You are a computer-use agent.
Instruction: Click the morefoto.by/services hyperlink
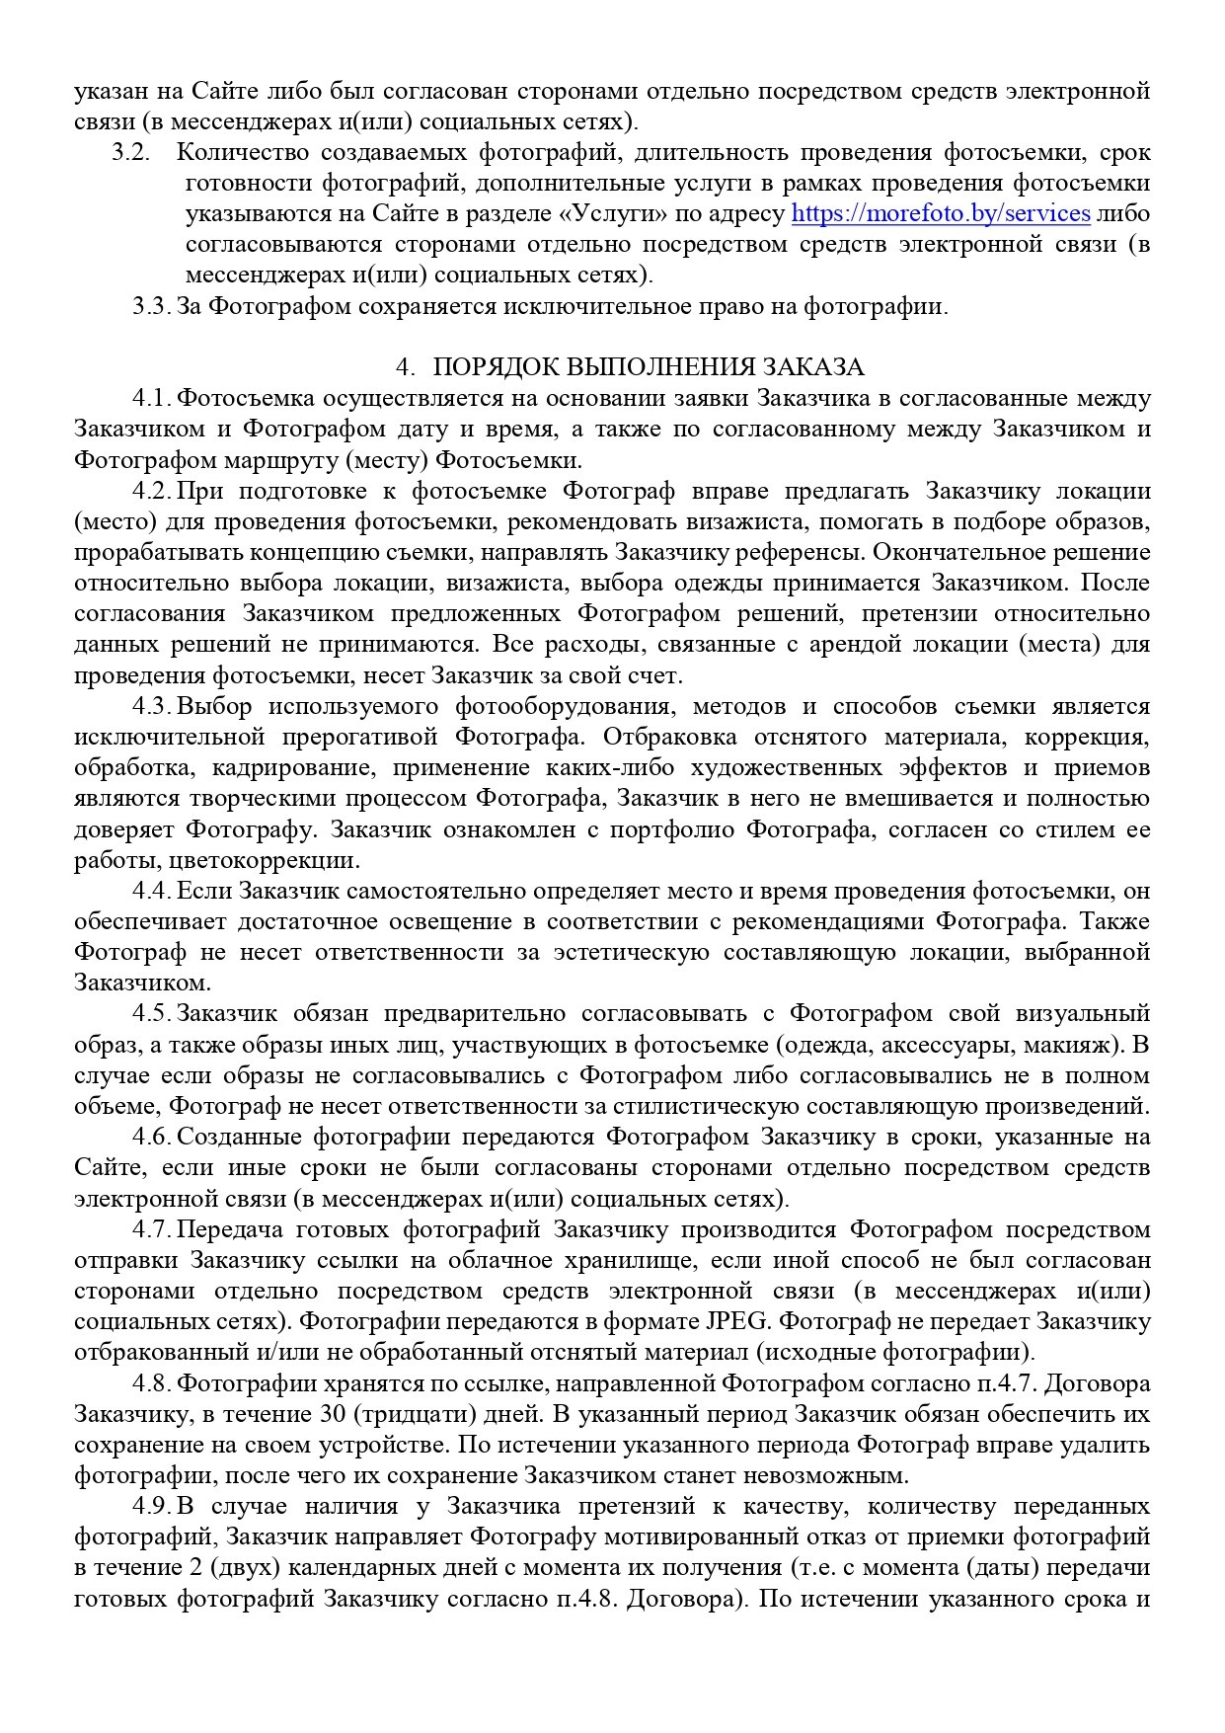pyautogui.click(x=941, y=213)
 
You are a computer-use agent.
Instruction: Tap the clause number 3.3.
pyautogui.click(x=152, y=306)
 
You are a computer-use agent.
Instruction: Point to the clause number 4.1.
pyautogui.click(x=152, y=398)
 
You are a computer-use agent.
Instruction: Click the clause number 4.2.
pyautogui.click(x=152, y=491)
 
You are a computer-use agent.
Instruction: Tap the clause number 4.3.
pyautogui.click(x=152, y=706)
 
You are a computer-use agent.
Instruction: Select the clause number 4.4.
pyautogui.click(x=152, y=891)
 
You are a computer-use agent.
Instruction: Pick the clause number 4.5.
pyautogui.click(x=152, y=1013)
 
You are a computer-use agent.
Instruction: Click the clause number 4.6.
pyautogui.click(x=152, y=1137)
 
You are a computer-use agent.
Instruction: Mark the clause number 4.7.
pyautogui.click(x=152, y=1229)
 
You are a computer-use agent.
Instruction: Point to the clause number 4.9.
pyautogui.click(x=152, y=1506)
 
